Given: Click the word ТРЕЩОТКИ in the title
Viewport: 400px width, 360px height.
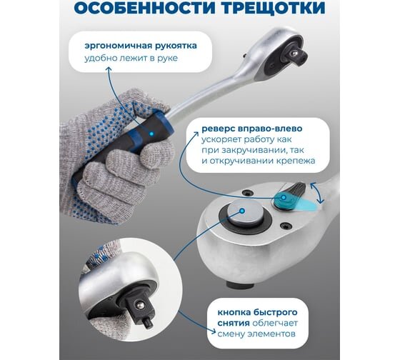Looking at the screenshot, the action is [273, 8].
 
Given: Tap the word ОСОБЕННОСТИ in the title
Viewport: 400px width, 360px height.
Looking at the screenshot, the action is [145, 8].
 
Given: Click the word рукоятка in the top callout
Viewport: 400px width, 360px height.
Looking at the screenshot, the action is [175, 46].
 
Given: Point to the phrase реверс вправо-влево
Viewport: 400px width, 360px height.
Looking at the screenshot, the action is [252, 129].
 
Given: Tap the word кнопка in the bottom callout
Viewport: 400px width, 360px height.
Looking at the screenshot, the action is [234, 312].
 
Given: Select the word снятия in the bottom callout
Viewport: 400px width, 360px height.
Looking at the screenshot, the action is [234, 324].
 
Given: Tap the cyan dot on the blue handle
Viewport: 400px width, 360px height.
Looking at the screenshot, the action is [151, 134].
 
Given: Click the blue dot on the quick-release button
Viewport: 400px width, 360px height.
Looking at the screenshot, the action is [242, 211].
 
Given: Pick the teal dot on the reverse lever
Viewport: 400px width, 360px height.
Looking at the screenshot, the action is [283, 197].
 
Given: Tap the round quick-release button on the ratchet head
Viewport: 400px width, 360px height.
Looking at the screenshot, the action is [246, 214].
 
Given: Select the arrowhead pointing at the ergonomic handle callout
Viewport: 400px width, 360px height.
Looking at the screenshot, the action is [109, 70].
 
